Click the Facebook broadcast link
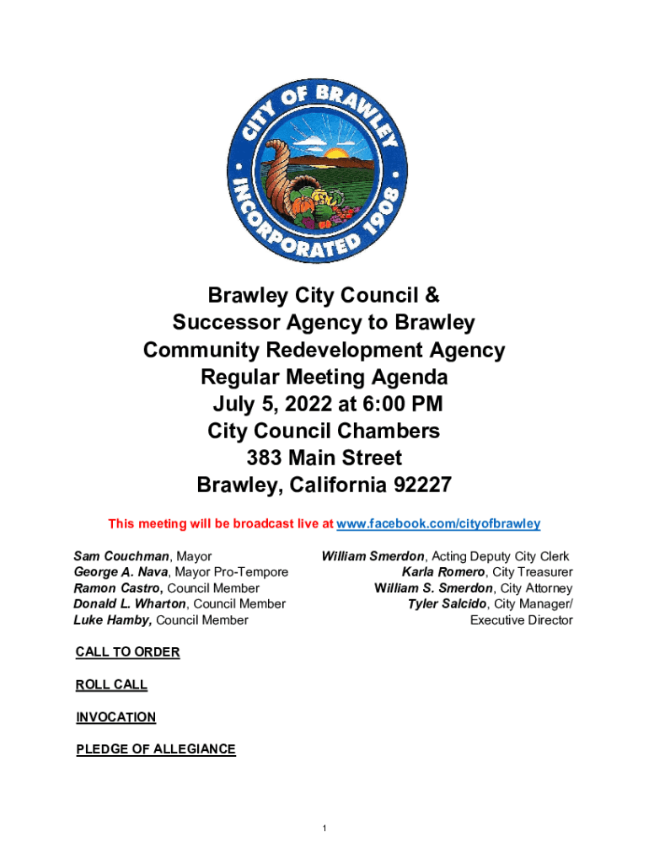pos(438,524)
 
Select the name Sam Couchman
pos(121,556)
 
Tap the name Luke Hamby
pos(113,620)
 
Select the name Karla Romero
pos(442,572)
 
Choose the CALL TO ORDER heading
pos(127,652)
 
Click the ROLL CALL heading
pos(111,685)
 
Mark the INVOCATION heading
pos(115,717)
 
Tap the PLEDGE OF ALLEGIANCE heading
pos(156,749)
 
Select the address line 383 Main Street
pos(324,458)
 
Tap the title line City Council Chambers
pos(324,431)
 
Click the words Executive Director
pos(521,620)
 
